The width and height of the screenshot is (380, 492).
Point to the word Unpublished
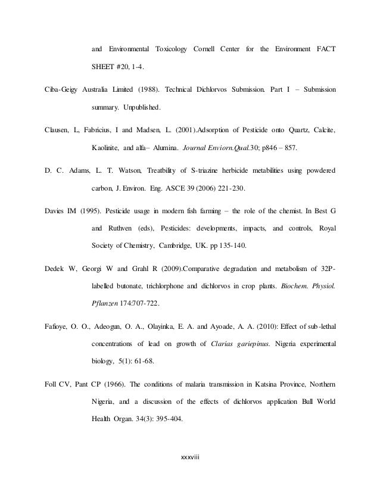coord(142,109)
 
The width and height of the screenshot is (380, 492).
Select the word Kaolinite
coord(108,147)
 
